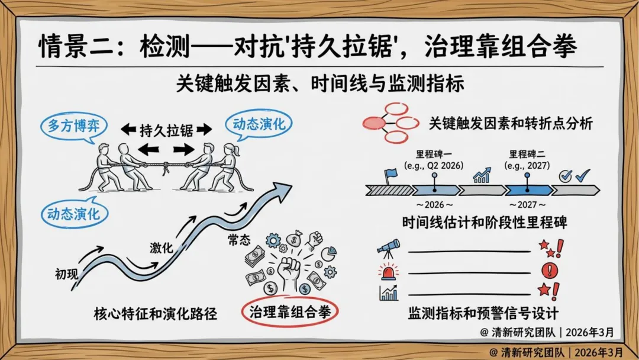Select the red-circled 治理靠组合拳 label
[x=290, y=311]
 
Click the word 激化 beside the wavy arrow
[x=161, y=248]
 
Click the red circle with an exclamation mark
[x=550, y=271]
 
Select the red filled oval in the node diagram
[x=375, y=123]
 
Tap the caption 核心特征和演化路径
[x=156, y=313]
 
